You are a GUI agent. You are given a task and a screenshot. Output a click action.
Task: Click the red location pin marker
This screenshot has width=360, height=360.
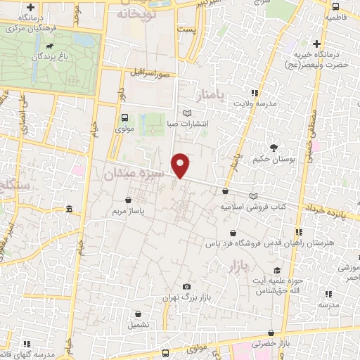[x=181, y=165]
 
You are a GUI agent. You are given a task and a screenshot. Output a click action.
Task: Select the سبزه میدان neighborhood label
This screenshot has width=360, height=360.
[x=134, y=172]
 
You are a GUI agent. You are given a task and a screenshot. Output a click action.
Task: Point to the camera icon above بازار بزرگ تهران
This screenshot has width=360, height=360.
[x=186, y=287]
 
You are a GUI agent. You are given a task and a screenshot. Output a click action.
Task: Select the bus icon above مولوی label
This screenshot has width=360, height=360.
[x=124, y=118]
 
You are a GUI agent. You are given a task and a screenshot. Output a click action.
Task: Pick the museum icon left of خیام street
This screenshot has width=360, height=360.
[x=68, y=210]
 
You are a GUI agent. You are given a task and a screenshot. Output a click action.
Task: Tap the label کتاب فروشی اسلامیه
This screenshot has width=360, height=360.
[x=253, y=207]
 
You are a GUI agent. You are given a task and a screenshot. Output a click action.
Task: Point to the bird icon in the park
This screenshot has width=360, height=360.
[x=51, y=48]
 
